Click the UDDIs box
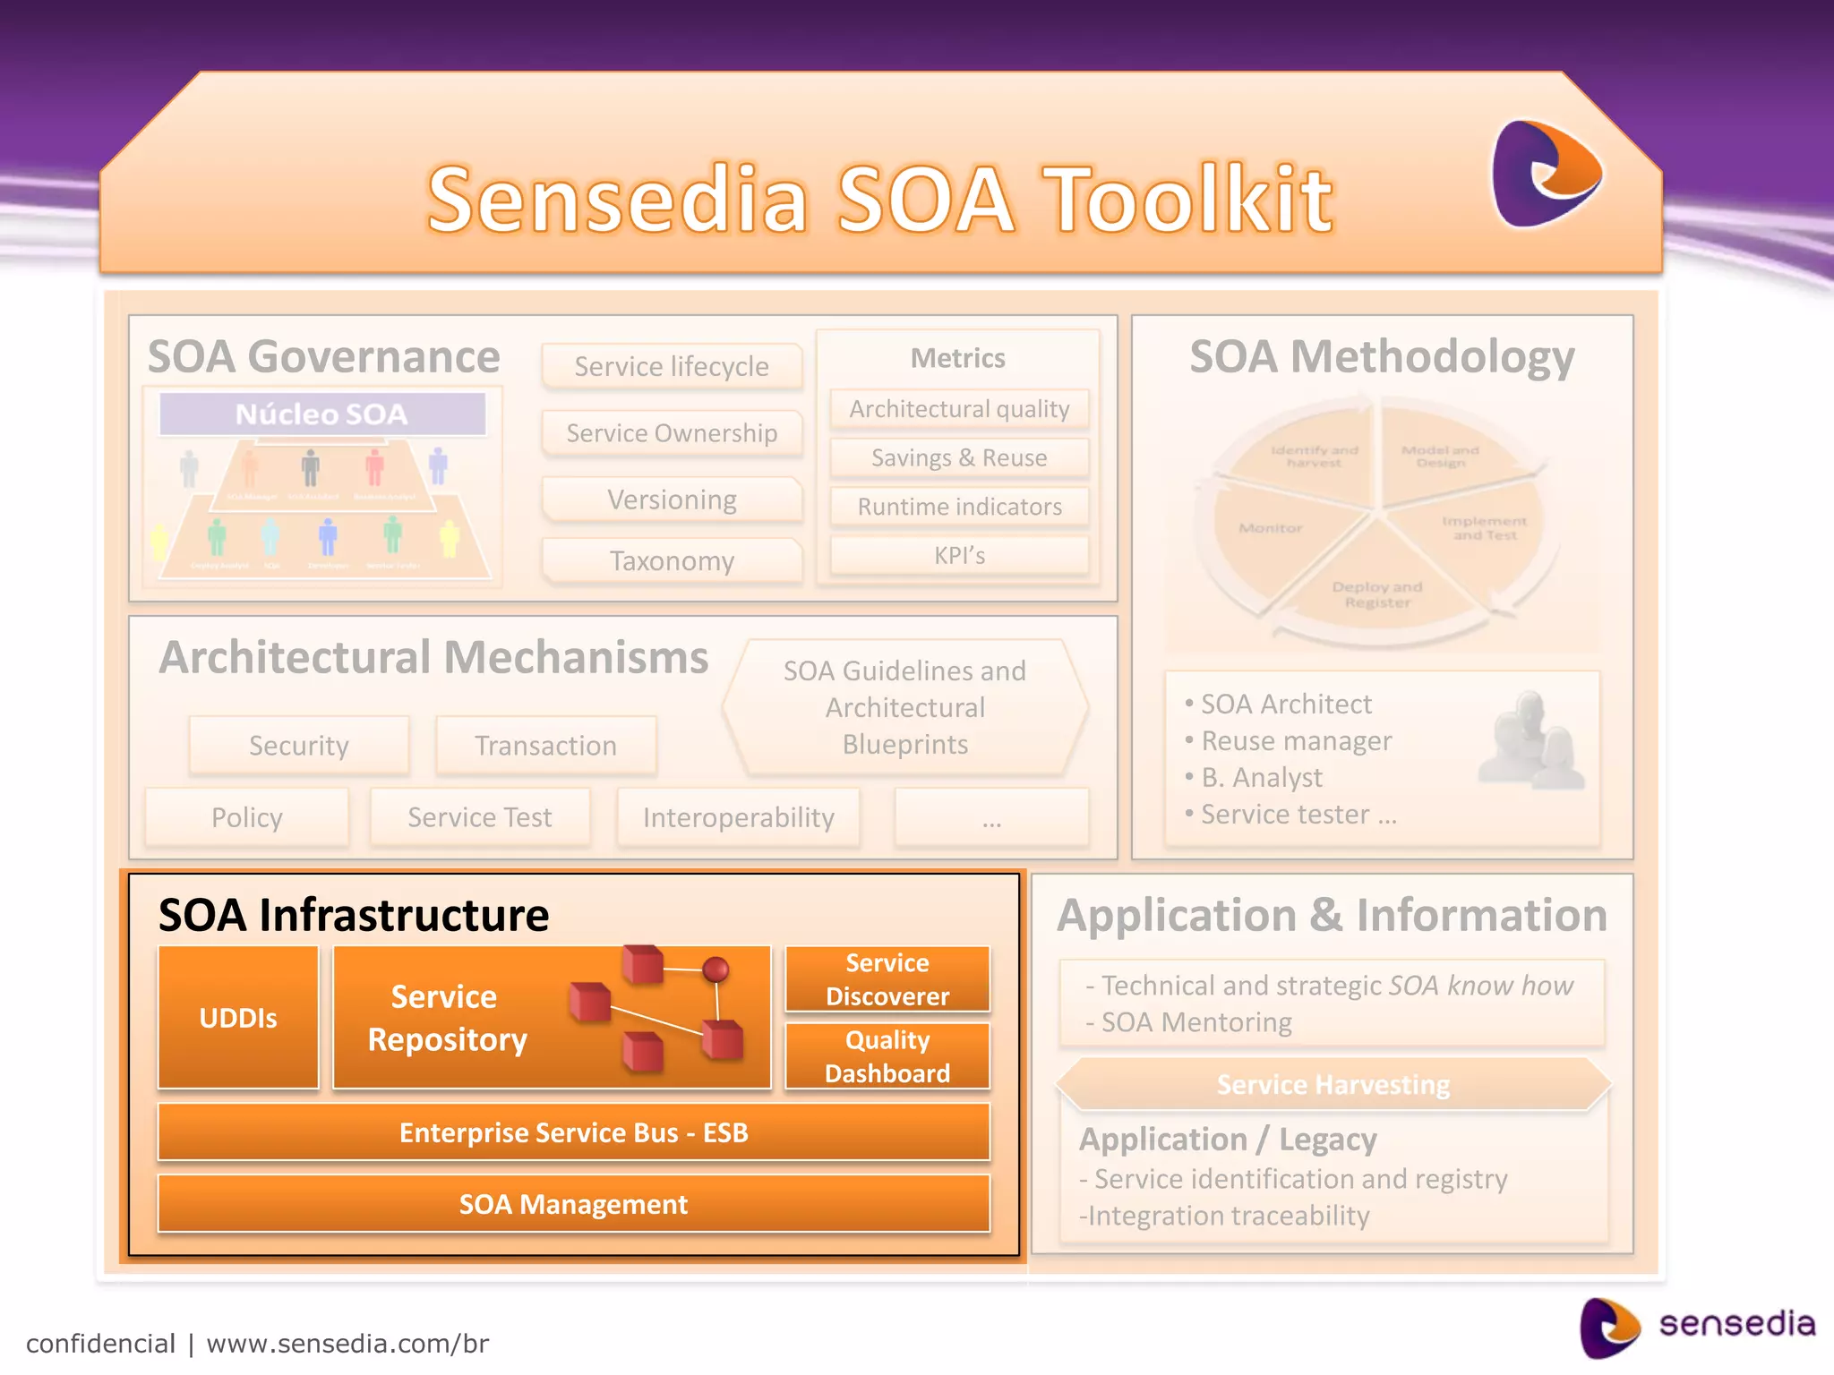tap(238, 1018)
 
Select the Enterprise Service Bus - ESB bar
tap(573, 1132)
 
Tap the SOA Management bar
tap(573, 1204)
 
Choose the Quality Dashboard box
tap(887, 1056)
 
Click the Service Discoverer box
tap(887, 979)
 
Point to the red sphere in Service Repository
tap(716, 969)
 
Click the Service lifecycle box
tap(672, 366)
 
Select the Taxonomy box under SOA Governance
tap(672, 561)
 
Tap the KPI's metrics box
tap(959, 556)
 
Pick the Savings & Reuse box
tap(959, 458)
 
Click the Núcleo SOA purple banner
tap(321, 414)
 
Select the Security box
tap(299, 746)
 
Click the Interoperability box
tap(738, 817)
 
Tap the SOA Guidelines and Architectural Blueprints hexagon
tap(904, 707)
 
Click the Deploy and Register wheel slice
tap(1376, 591)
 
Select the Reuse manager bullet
tap(1296, 741)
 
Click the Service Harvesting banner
tap(1333, 1085)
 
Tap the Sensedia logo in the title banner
tap(1546, 173)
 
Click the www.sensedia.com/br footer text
tap(347, 1344)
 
